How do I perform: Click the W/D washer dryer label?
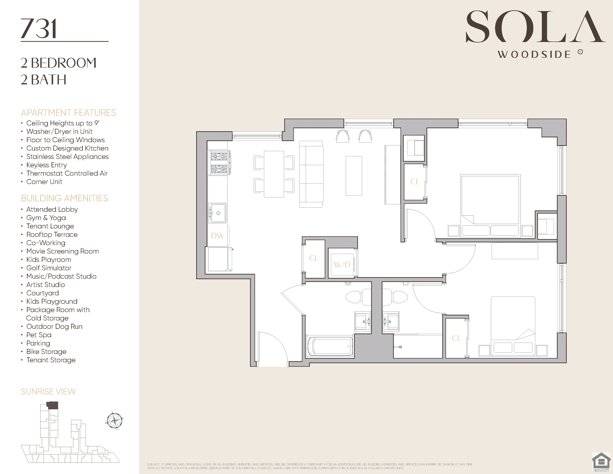pos(342,265)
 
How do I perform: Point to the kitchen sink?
pos(218,213)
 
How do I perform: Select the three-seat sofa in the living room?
pos(311,174)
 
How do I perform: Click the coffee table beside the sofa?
pos(354,176)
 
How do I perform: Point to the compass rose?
pos(114,421)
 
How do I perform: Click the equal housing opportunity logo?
pos(601,462)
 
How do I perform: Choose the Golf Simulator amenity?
pos(49,268)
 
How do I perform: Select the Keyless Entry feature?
pos(47,165)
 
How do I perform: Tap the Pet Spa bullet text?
pos(39,335)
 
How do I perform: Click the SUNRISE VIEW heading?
pos(48,391)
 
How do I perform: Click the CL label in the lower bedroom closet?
pos(456,338)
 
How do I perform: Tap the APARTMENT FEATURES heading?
pos(68,113)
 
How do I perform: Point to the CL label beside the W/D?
pos(314,258)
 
